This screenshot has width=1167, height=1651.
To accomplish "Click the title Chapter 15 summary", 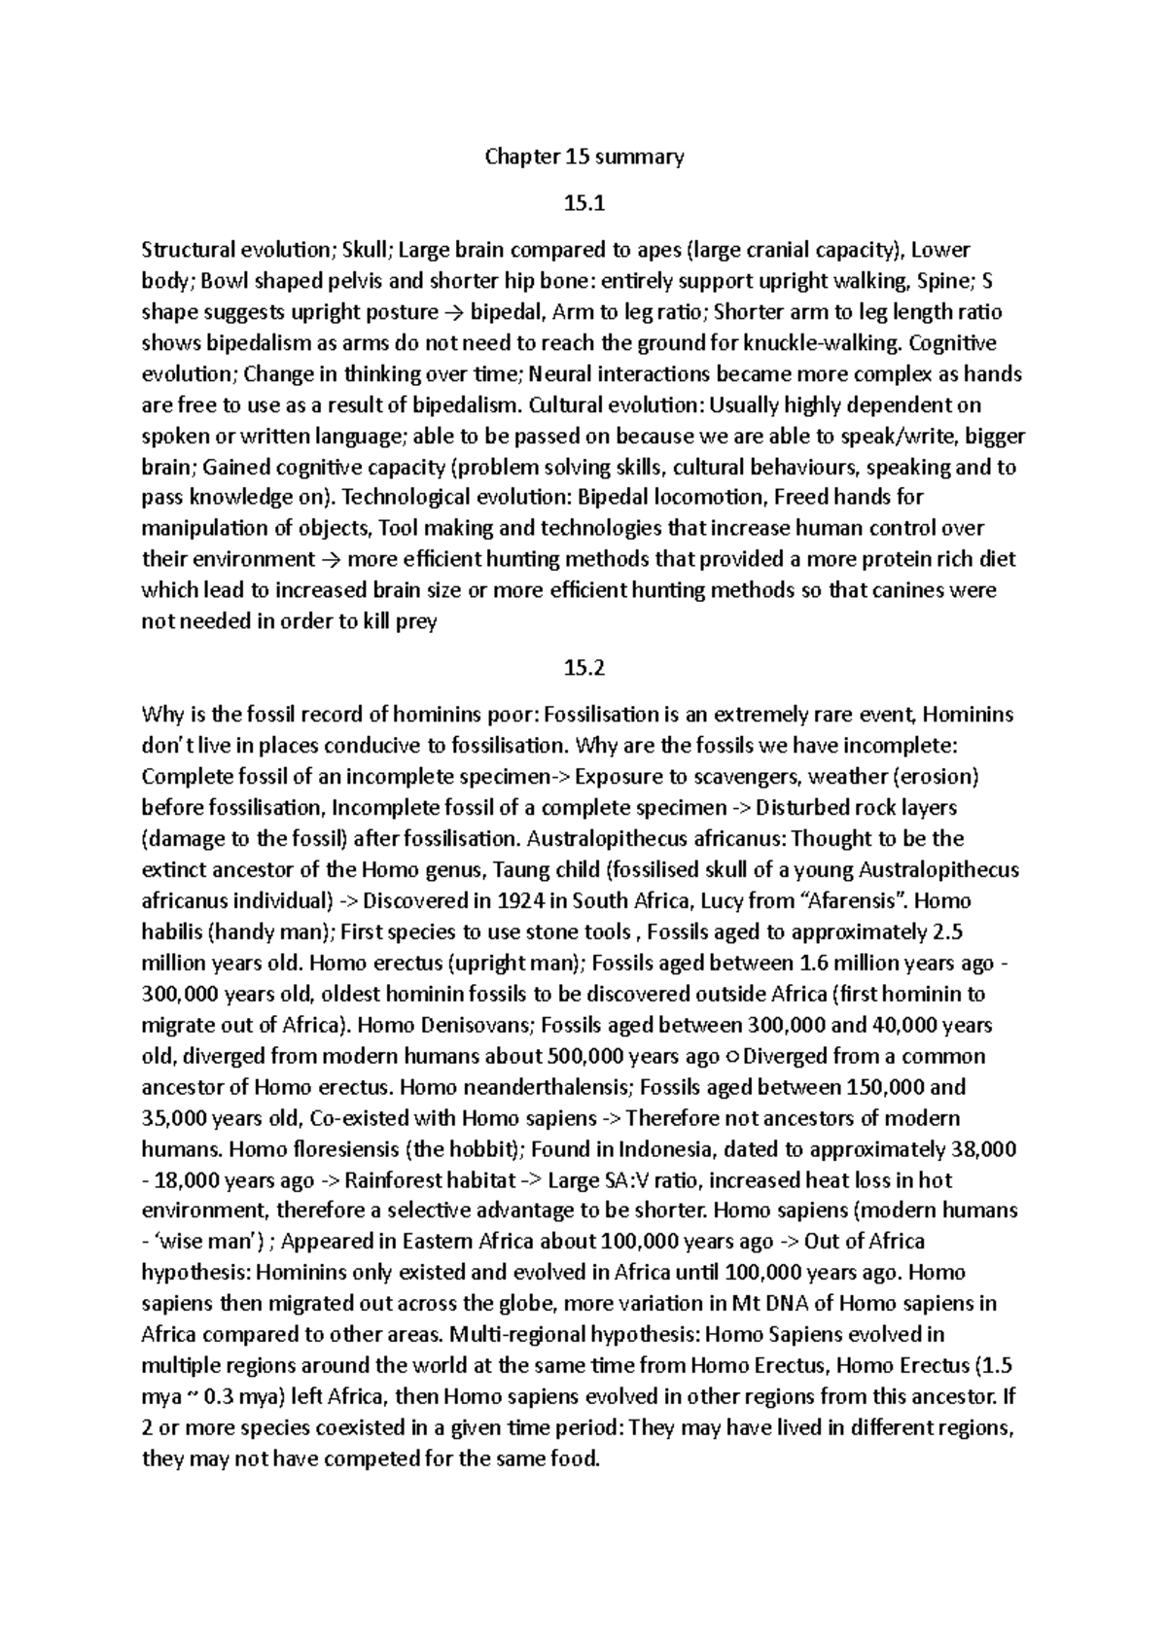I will pos(584,157).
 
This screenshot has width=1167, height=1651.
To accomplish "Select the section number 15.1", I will pos(584,204).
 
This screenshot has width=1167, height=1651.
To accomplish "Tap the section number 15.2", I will pos(584,668).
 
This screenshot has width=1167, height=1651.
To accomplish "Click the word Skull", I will pos(365,251).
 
